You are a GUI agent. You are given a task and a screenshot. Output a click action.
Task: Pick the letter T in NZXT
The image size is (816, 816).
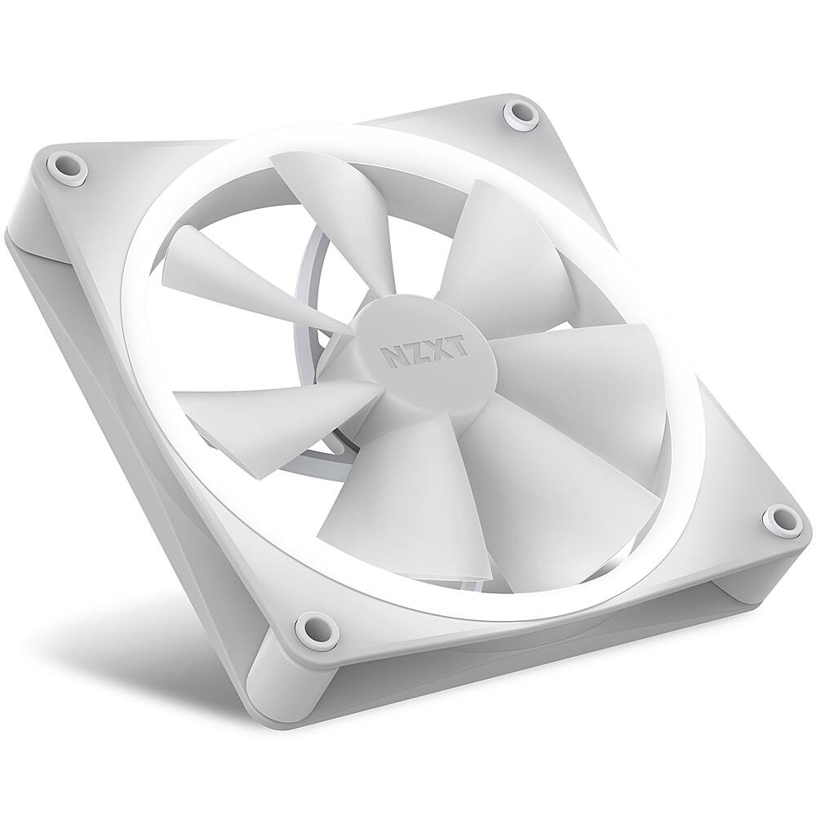coord(458,346)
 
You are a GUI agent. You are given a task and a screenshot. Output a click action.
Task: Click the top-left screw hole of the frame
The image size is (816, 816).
coord(68,167)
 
